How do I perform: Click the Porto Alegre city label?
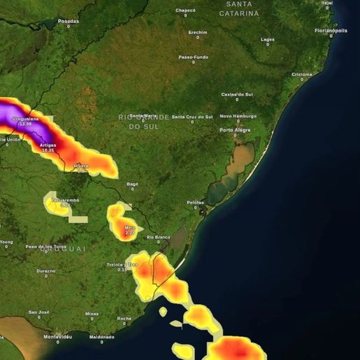236,130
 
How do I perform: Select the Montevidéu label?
57,336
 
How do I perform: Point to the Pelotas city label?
195,202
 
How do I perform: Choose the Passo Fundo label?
194,57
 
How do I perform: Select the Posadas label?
69,21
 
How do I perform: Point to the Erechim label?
198,32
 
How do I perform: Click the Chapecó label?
185,10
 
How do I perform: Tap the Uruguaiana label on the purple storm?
26,120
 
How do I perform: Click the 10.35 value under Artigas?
48,150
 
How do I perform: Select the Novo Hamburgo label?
238,116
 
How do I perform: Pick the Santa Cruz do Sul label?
192,116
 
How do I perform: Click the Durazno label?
46,271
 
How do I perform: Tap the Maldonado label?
102,336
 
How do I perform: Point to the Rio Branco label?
158,237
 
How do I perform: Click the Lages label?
268,39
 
